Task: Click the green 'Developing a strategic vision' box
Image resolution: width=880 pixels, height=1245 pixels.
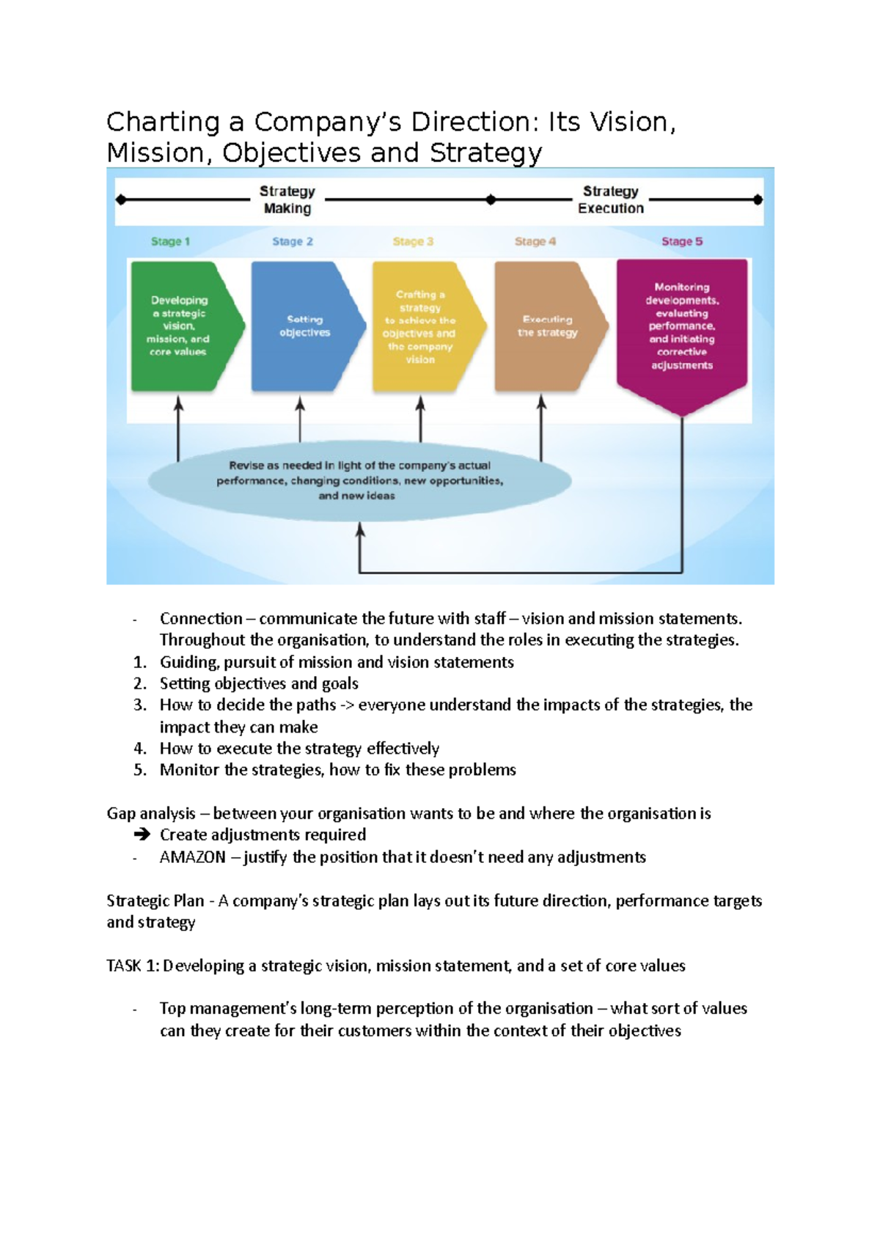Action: pos(180,326)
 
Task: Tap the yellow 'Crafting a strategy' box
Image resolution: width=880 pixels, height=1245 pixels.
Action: pos(421,326)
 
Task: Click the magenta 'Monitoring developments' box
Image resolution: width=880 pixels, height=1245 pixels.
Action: pos(682,326)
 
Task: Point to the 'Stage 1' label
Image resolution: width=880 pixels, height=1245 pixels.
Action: pos(170,241)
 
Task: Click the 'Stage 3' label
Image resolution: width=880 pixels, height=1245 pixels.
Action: pos(413,241)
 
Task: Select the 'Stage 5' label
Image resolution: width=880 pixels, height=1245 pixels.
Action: pos(682,241)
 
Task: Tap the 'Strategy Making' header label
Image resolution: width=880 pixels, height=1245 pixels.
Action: pos(287,199)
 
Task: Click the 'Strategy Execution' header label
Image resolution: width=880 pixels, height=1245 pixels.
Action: pos(610,199)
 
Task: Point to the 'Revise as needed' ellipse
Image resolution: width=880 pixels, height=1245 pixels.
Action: pos(359,481)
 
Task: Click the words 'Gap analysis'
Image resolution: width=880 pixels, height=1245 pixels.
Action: pos(151,814)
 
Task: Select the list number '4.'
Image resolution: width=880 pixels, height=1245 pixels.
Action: pos(140,749)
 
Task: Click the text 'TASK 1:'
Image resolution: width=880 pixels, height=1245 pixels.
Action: pos(133,966)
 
